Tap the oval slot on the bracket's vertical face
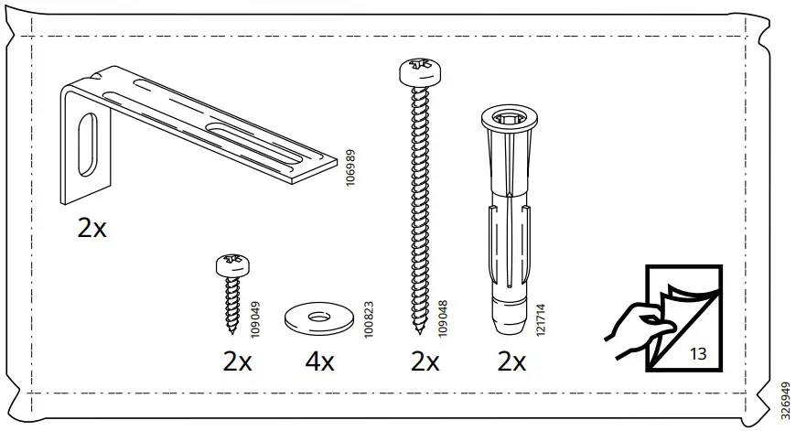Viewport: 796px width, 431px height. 87,143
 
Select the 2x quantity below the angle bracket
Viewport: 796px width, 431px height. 91,228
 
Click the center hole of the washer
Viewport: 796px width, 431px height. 319,318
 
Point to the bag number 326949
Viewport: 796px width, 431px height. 784,394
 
